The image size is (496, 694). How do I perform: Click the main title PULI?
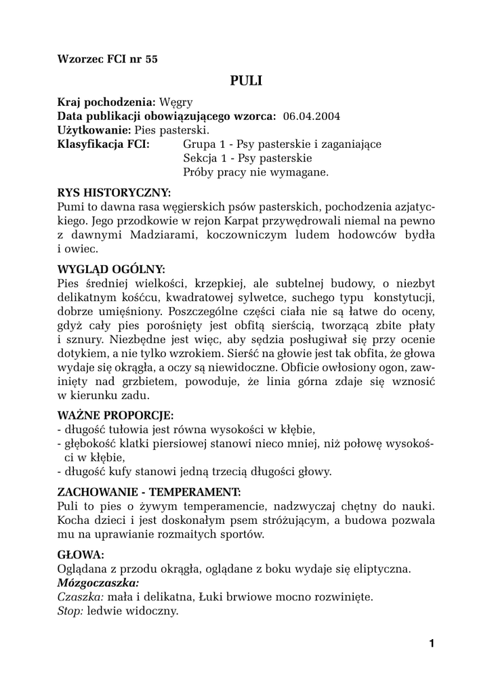pos(245,81)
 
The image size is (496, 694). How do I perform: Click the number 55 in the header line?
pos(150,59)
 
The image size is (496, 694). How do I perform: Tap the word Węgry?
pos(176,102)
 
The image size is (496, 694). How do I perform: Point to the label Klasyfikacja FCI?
pos(104,144)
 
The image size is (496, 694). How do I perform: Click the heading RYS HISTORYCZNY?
pos(114,192)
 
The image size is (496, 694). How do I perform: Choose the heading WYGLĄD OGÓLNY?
pos(112,268)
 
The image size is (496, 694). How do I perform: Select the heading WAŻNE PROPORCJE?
pos(115,414)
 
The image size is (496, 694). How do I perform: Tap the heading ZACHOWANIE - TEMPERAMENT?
pos(149,491)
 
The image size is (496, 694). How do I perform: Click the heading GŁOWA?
pos(81,554)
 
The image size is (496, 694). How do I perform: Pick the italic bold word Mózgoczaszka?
pos(98,582)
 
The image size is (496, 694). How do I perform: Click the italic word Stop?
pos(70,611)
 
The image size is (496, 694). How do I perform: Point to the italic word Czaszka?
pos(81,596)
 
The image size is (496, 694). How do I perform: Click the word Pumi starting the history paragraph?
pos(70,206)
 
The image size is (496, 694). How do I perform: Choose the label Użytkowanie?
pos(94,129)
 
